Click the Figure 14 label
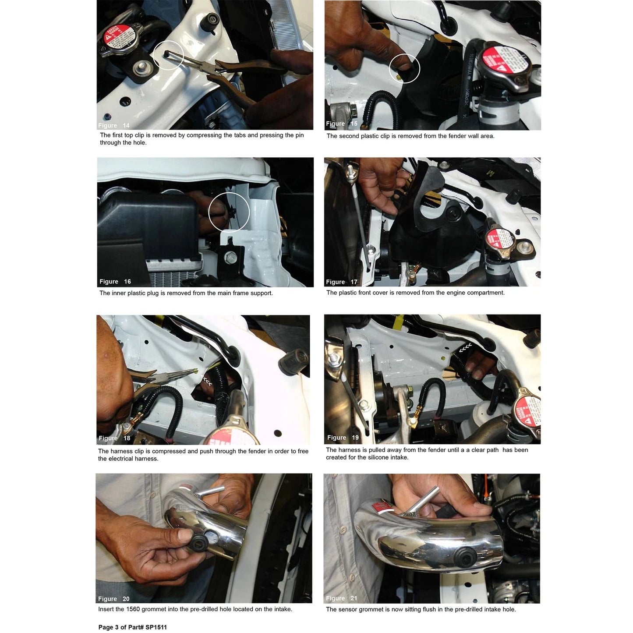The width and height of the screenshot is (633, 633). [x=113, y=125]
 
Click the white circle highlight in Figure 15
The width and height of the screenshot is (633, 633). [x=404, y=68]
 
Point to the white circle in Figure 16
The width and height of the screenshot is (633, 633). [x=229, y=212]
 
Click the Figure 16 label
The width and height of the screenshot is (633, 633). [x=115, y=282]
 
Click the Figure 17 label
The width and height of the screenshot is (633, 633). [x=341, y=282]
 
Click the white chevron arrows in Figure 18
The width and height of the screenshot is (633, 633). [x=206, y=380]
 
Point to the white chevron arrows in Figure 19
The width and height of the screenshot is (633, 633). [x=465, y=348]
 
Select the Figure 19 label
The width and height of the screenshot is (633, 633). [x=343, y=438]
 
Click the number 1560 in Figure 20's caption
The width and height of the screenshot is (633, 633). [x=133, y=609]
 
